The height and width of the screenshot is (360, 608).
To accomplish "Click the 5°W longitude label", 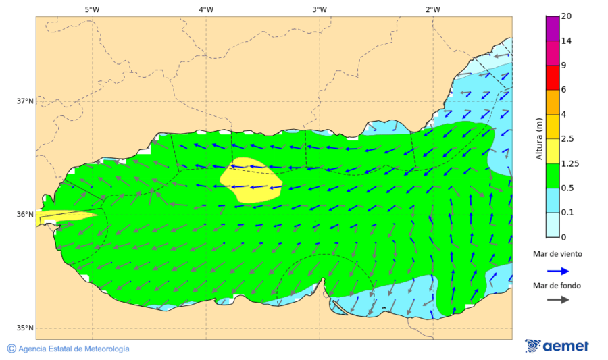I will [x=92, y=9].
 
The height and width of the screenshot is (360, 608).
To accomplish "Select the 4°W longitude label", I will [x=206, y=9].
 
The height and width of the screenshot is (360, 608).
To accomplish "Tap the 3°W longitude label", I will [x=320, y=9].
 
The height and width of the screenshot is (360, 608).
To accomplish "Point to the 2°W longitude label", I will [x=433, y=9].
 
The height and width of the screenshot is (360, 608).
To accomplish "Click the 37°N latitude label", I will [x=25, y=101].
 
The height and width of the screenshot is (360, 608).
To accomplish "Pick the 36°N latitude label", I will [x=25, y=215].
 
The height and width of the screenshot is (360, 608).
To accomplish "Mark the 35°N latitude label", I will [x=25, y=328].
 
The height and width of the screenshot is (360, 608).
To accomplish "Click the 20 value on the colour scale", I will [x=567, y=16].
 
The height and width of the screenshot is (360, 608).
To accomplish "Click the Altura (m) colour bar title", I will [x=539, y=138].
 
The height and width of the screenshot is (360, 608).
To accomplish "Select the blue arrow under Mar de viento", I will [x=557, y=270].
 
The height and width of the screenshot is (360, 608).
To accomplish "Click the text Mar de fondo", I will [x=557, y=286].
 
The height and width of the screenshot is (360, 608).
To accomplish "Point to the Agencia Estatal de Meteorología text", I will [x=73, y=349].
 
